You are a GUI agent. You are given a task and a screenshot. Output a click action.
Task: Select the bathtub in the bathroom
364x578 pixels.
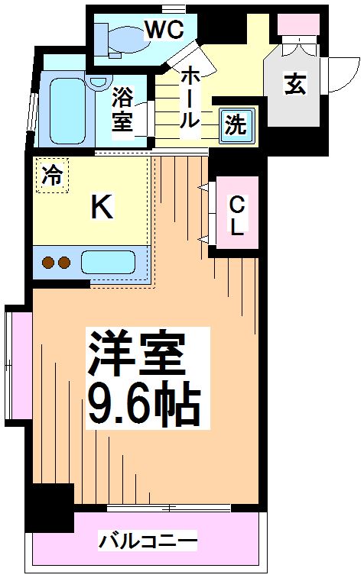pyautogui.click(x=67, y=111)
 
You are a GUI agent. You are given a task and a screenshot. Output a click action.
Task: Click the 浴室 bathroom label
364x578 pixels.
pyautogui.click(x=122, y=108)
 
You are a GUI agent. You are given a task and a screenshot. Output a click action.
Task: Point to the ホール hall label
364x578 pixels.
pyautogui.click(x=191, y=97)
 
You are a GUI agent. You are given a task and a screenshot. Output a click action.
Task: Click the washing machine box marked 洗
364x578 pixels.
pyautogui.click(x=236, y=126)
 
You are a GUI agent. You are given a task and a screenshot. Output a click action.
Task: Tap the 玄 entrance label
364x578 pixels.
pyautogui.click(x=294, y=84)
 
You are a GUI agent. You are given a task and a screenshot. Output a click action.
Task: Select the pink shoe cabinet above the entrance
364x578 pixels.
pyautogui.click(x=298, y=24)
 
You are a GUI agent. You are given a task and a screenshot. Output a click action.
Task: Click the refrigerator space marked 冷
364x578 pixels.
pyautogui.click(x=52, y=175)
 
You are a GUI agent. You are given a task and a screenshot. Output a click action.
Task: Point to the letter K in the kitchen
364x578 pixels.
pyautogui.click(x=102, y=207)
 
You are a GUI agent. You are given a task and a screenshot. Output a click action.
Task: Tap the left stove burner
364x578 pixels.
pyautogui.click(x=48, y=263)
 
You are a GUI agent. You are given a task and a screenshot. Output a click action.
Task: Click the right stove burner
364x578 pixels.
pyautogui.click(x=64, y=263)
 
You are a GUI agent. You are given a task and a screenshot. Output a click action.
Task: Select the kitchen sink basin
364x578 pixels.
pyautogui.click(x=108, y=262)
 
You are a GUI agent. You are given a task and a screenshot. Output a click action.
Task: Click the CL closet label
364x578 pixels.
pyautogui.click(x=237, y=215)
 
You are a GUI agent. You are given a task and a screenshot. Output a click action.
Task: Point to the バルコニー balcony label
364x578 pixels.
pyautogui.click(x=148, y=541)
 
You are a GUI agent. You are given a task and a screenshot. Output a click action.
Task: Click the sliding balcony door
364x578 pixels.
pyautogui.click(x=169, y=508)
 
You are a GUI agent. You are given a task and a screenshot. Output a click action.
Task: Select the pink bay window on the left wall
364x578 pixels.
pyautogui.click(x=19, y=365)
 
